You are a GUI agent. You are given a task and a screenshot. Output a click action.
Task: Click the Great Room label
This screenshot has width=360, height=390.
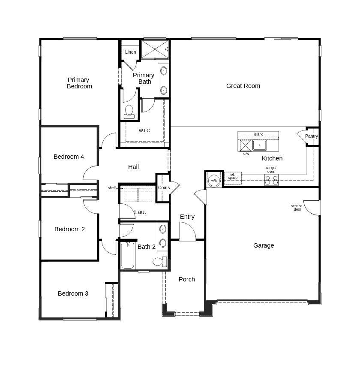click(x=243, y=86)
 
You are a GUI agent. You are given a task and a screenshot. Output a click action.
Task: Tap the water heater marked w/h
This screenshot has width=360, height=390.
click(x=214, y=181)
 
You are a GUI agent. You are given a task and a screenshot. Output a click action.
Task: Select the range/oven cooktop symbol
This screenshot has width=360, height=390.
click(x=271, y=180)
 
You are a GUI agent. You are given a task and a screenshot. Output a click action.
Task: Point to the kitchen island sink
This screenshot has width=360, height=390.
click(x=259, y=145)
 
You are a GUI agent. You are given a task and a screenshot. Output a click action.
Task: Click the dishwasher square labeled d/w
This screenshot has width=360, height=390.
click(x=246, y=145)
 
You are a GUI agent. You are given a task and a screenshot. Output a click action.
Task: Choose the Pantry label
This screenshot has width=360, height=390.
click(x=312, y=136)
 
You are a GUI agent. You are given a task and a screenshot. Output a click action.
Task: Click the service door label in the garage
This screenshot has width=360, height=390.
click(x=297, y=208)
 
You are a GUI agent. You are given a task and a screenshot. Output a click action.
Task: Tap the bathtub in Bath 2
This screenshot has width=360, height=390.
click(x=128, y=255)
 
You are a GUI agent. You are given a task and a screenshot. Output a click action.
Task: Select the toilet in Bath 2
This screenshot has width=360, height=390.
click(x=158, y=262)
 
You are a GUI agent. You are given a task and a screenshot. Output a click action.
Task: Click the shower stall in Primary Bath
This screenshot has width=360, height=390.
click(x=154, y=49)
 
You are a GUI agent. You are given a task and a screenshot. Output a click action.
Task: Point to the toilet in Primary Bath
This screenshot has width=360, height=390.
click(x=129, y=111)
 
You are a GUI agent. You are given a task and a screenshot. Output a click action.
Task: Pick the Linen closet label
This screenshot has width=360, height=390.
click(x=131, y=52)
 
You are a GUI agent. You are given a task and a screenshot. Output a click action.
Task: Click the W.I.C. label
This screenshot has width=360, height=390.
click(x=145, y=130)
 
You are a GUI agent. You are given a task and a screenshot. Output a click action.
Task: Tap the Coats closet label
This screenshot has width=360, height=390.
click(x=164, y=187)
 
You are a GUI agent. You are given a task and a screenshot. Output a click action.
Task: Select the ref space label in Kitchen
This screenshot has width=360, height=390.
click(x=233, y=176)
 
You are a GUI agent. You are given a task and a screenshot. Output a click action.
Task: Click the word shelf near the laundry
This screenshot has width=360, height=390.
click(x=112, y=188)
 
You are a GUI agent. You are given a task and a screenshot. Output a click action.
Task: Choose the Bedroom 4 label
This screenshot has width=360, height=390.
click(x=69, y=157)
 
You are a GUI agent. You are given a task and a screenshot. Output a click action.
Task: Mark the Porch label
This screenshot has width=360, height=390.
click(x=187, y=279)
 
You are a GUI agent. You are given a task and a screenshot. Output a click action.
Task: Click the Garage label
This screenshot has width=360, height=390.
click(x=264, y=245)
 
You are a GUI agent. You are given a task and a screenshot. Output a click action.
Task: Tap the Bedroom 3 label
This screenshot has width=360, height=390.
click(x=73, y=293)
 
